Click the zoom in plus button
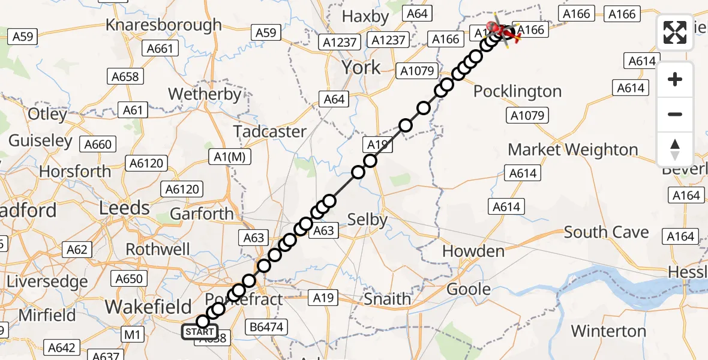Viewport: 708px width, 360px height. click(675, 80)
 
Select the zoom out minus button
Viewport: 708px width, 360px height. click(675, 114)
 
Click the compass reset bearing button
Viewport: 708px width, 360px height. click(675, 149)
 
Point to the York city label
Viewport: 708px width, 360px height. click(361, 67)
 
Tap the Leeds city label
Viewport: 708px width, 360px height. click(124, 208)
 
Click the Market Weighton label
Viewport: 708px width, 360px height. click(573, 149)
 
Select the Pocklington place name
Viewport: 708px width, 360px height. click(517, 92)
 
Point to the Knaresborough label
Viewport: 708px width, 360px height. click(164, 25)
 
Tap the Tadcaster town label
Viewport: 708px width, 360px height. click(270, 131)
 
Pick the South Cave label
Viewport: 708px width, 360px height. click(606, 233)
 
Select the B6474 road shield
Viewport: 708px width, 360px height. click(268, 328)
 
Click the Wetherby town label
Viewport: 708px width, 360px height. click(205, 94)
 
